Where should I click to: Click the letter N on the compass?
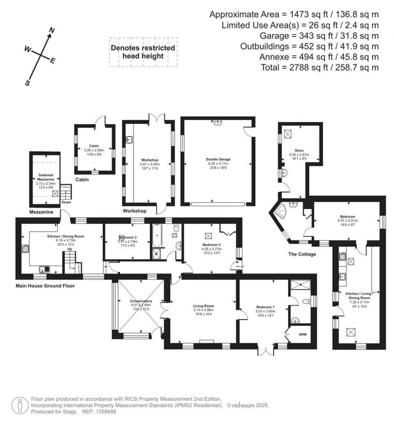(x=53, y=31)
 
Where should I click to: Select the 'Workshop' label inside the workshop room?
(x=150, y=160)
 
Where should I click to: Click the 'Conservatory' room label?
(x=141, y=301)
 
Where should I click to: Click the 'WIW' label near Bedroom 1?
(x=302, y=335)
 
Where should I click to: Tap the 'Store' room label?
(x=299, y=151)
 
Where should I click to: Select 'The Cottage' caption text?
(x=301, y=254)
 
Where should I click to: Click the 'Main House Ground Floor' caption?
(x=45, y=286)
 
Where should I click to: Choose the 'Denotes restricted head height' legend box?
(x=143, y=52)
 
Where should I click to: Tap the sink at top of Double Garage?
(x=218, y=122)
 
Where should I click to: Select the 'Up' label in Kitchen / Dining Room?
(x=70, y=249)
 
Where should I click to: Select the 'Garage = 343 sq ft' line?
(x=319, y=36)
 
